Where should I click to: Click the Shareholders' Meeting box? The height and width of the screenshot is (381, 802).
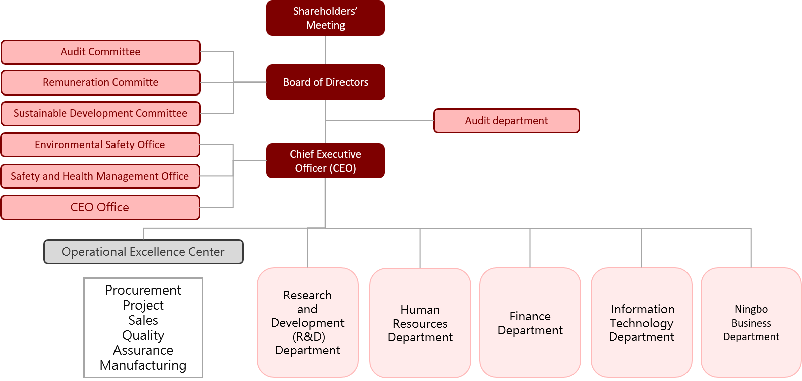(x=325, y=18)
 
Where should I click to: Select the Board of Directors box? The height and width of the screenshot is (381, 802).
(x=325, y=82)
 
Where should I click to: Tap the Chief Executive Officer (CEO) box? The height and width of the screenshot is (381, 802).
(x=325, y=161)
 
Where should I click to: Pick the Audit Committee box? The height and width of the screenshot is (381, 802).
(x=100, y=52)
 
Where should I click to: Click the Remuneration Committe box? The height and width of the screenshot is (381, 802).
(x=100, y=82)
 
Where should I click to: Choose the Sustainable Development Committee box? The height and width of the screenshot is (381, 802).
(x=100, y=113)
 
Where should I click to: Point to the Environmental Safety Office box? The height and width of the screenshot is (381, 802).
(x=100, y=145)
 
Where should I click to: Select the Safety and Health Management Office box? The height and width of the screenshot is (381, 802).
(x=100, y=176)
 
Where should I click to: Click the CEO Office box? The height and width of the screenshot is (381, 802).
(x=100, y=207)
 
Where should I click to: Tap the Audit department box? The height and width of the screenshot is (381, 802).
(x=506, y=121)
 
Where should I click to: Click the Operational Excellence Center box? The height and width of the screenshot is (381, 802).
(x=143, y=252)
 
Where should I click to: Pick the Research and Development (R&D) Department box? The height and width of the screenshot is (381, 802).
(x=307, y=323)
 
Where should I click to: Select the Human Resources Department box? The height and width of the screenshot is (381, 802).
(x=420, y=323)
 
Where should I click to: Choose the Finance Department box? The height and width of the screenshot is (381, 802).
(x=530, y=323)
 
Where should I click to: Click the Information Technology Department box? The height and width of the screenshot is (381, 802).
(x=641, y=323)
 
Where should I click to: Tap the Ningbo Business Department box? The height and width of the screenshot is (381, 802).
(x=751, y=323)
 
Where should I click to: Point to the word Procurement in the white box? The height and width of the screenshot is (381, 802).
(x=143, y=290)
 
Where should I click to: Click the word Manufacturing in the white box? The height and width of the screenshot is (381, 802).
(x=143, y=365)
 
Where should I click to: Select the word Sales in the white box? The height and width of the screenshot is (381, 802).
(x=143, y=320)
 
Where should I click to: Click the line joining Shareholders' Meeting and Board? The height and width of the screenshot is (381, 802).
(x=325, y=50)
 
